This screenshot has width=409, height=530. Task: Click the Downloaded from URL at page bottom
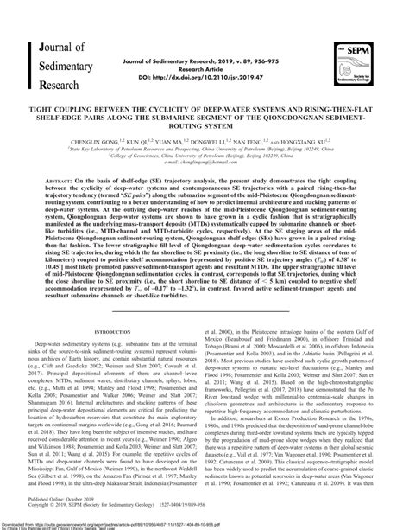[x=129, y=520]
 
